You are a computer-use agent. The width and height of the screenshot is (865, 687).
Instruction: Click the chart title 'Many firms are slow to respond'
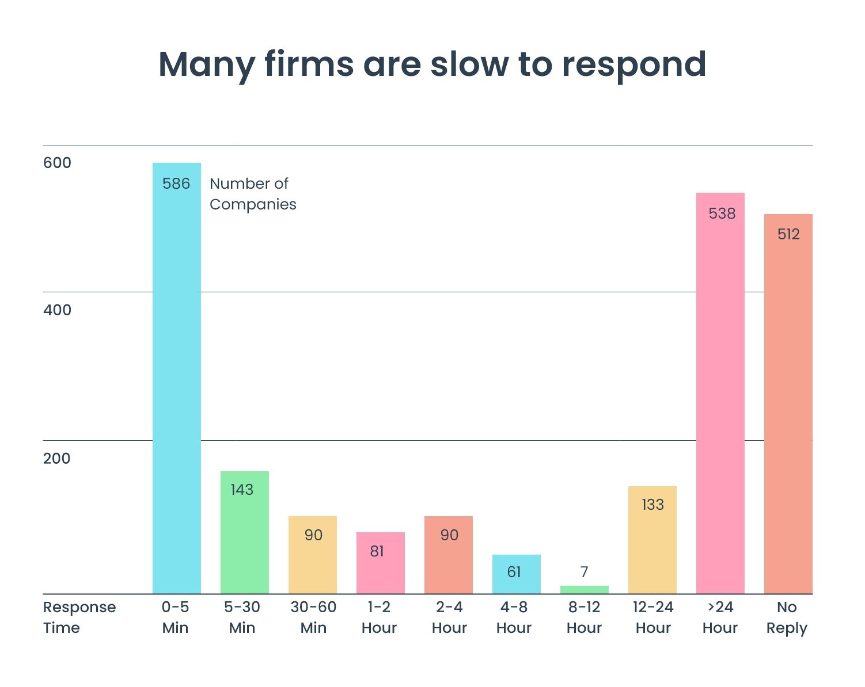(x=432, y=64)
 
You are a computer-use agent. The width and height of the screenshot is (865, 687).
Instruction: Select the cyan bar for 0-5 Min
(x=176, y=380)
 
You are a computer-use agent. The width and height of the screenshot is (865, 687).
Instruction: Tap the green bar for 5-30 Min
(x=244, y=535)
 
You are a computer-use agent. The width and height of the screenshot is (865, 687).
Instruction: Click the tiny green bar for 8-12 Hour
(x=584, y=590)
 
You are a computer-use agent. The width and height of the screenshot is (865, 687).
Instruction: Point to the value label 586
(x=176, y=184)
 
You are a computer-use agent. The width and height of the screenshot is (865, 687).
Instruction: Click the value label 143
(x=242, y=490)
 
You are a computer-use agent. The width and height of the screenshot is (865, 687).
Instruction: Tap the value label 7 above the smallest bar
(x=584, y=572)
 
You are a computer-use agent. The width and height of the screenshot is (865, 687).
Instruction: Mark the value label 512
(x=788, y=234)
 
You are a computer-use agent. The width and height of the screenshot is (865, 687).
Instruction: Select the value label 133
(x=652, y=505)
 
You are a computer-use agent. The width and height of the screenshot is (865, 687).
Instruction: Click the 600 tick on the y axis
(x=57, y=163)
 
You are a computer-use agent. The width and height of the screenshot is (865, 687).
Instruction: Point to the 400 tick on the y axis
(x=57, y=310)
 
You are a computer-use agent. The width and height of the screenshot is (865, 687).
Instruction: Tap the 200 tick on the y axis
(x=56, y=459)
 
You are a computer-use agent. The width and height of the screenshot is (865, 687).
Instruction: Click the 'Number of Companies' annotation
(x=252, y=194)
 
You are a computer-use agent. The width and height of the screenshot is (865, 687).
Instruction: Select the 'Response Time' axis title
(x=79, y=617)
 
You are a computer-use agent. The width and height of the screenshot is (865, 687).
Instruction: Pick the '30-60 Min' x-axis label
(x=313, y=617)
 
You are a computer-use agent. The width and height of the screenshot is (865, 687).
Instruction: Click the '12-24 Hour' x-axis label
(x=653, y=617)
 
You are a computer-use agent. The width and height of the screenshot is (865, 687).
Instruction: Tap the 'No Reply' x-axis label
(x=787, y=617)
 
